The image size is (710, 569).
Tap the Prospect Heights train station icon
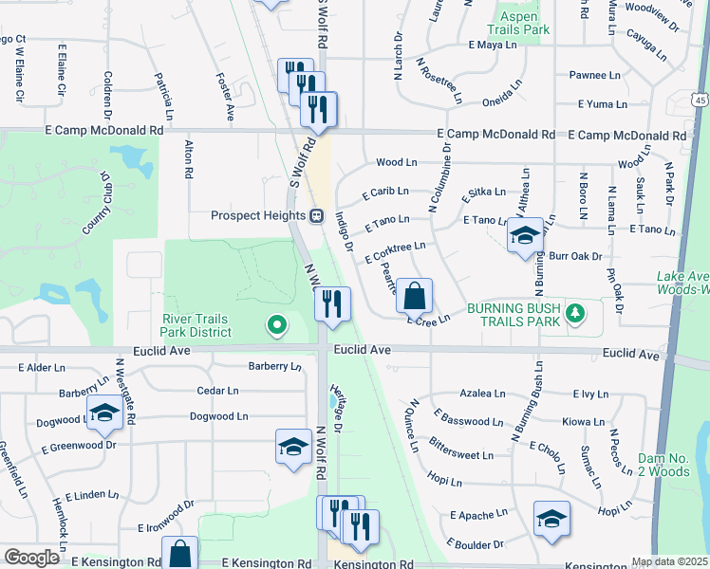[316, 215]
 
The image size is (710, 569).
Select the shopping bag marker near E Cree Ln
[414, 297]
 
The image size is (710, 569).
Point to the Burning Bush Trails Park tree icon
[574, 312]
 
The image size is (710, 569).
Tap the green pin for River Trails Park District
[276, 325]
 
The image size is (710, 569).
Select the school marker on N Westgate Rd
[103, 413]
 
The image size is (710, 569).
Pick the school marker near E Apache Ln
[551, 518]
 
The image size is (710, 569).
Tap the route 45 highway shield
[699, 100]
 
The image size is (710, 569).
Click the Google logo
[31, 558]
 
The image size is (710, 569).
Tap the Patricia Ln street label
[165, 92]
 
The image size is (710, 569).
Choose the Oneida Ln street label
[503, 83]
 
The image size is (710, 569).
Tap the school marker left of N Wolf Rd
[293, 447]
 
